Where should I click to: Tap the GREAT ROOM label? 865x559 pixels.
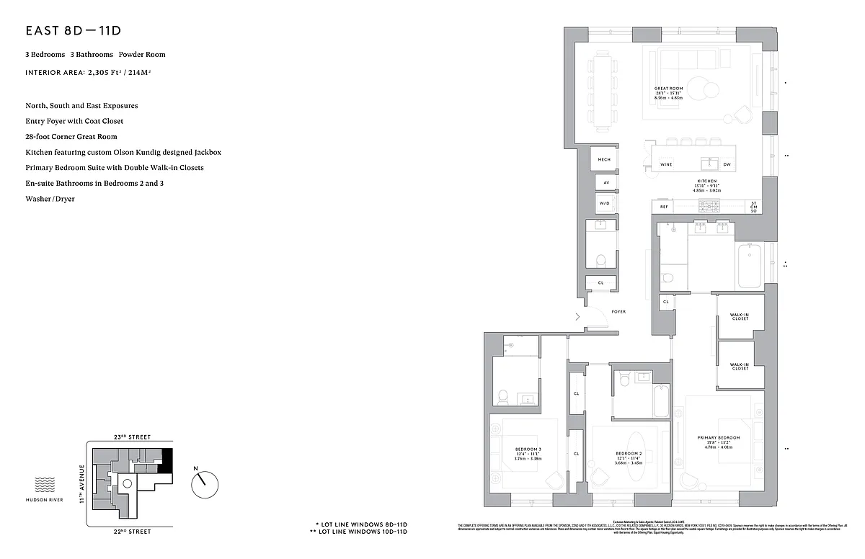tap(668, 89)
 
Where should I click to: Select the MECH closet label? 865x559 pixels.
tap(604, 159)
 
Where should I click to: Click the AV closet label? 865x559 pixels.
tap(605, 183)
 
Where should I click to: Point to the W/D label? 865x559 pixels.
tap(604, 204)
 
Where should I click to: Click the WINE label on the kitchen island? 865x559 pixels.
tap(667, 165)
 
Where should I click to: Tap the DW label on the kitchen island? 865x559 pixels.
tap(727, 165)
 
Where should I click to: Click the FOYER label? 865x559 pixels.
tap(618, 312)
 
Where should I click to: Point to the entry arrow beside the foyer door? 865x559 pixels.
tap(577, 316)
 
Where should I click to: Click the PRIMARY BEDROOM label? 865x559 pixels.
tap(718, 438)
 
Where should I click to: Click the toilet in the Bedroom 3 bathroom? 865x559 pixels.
tap(503, 397)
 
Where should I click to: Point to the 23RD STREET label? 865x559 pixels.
tap(130, 437)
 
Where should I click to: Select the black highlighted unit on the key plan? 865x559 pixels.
tap(167, 460)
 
